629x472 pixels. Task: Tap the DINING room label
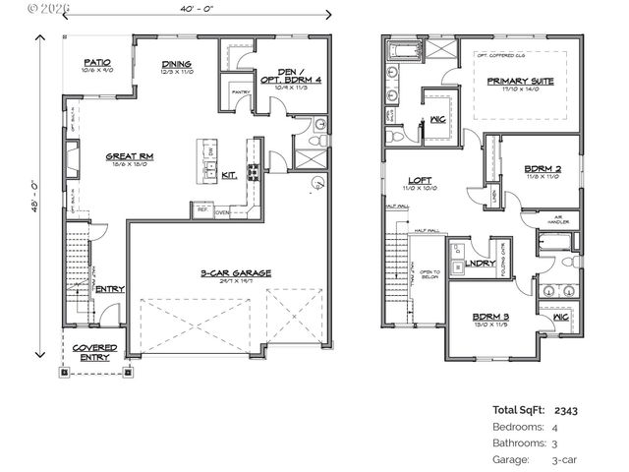[177, 67]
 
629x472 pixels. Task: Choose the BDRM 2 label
[542, 169]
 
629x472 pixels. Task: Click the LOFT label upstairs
[419, 181]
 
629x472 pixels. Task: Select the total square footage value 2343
[567, 410]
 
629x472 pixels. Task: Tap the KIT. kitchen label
[228, 175]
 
